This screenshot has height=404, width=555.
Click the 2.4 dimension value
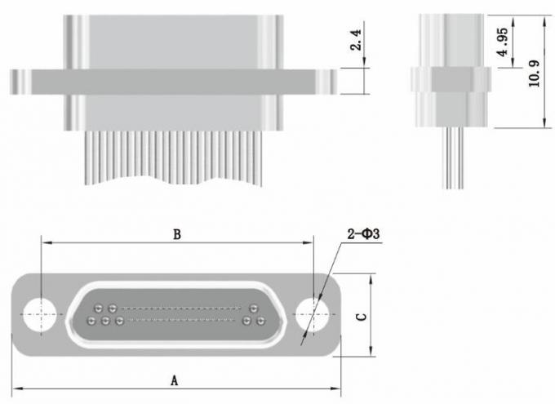coord(356,40)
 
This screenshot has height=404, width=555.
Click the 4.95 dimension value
coord(503,42)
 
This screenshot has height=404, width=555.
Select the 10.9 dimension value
coord(535,73)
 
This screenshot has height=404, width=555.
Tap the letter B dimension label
coord(177,234)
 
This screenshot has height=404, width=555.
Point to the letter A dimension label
coord(174,381)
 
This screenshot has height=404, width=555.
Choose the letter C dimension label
coord(362,316)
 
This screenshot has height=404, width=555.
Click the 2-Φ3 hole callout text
coord(363,234)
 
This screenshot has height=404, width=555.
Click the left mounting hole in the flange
coord(40,315)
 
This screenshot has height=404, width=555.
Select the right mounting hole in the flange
coord(313,315)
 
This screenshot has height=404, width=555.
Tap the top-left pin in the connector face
coord(99,308)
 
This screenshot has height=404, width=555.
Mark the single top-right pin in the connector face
coord(254,308)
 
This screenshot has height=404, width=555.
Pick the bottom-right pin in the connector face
coord(261,321)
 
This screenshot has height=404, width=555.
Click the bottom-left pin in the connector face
coord(91,321)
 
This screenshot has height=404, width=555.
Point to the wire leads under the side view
coord(453,158)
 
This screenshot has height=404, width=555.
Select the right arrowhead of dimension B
coord(308,242)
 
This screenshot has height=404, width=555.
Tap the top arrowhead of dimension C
coord(371,280)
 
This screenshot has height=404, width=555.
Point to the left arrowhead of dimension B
coord(47,242)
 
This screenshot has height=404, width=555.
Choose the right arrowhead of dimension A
coord(335,388)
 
